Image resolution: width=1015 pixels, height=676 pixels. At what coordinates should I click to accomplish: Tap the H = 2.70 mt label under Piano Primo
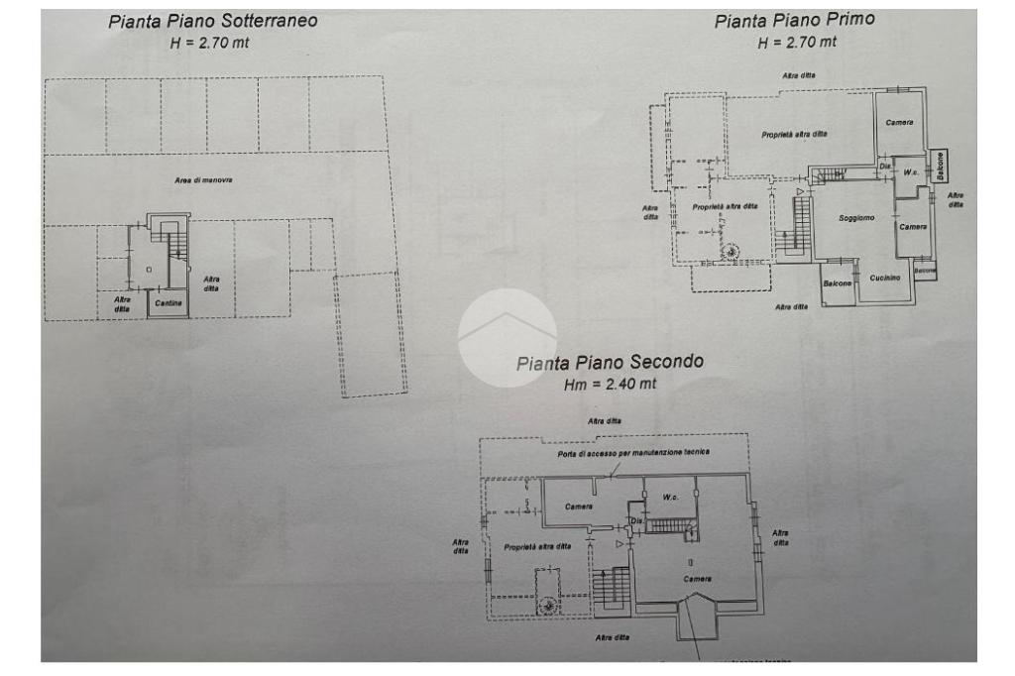(797, 42)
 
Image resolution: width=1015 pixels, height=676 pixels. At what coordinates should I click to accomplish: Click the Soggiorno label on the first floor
(856, 218)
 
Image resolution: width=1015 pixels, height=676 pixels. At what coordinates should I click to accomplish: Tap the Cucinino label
(884, 278)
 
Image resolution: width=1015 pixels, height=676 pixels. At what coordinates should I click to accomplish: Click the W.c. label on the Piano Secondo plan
(670, 497)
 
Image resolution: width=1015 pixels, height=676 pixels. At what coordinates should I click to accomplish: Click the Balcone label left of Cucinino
(839, 284)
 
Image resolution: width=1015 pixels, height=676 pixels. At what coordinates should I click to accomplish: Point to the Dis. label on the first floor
(884, 169)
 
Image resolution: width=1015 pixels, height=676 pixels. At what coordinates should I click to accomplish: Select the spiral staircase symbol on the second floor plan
(548, 604)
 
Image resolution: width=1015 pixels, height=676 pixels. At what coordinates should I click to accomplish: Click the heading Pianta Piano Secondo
(610, 362)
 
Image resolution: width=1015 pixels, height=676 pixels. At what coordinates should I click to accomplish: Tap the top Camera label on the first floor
(899, 122)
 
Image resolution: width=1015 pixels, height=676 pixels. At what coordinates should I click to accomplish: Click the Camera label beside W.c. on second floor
(579, 507)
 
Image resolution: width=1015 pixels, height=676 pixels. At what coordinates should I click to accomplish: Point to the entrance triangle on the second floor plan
(620, 543)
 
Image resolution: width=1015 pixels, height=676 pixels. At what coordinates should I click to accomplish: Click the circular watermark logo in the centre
(507, 338)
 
